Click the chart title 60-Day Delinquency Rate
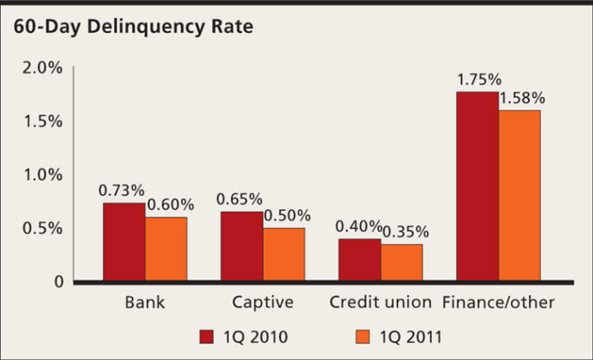point(133,27)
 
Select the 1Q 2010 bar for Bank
point(124,242)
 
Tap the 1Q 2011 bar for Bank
point(166,249)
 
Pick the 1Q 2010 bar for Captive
point(242,246)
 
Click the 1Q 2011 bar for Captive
point(283,254)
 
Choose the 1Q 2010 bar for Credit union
point(360,259)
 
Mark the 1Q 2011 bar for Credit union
point(401,263)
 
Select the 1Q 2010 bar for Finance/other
point(478,187)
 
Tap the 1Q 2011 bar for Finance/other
point(519,195)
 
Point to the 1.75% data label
point(478,80)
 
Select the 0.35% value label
point(405,232)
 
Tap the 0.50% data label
point(287,216)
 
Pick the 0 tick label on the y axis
point(58,282)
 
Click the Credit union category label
point(381,304)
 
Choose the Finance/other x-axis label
point(499,304)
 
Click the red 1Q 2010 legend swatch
point(206,337)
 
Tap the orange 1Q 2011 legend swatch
point(364,337)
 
